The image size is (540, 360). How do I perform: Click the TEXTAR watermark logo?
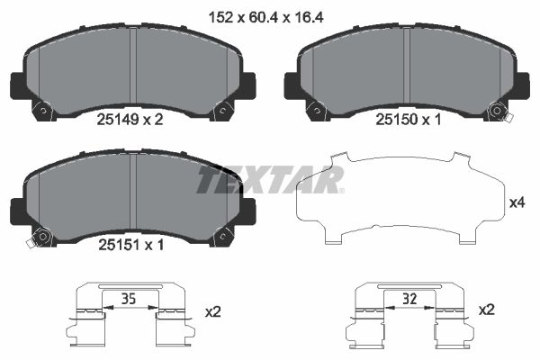click(271, 180)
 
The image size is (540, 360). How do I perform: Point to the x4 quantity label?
click(517, 203)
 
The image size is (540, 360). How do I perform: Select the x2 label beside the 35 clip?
click(212, 311)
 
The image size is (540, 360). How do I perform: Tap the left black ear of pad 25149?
click(17, 85)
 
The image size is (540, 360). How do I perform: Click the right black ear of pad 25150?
click(520, 85)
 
